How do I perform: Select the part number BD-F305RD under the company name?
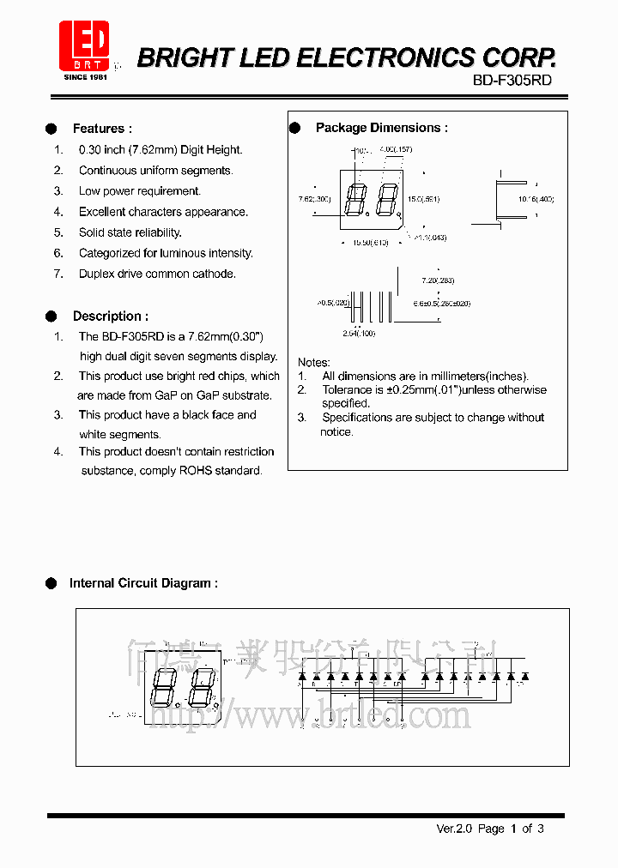point(512,81)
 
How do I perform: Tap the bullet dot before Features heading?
point(51,129)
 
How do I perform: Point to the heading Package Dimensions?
point(381,128)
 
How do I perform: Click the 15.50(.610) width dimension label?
point(370,243)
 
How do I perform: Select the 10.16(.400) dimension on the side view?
point(536,199)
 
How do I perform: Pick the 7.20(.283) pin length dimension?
point(438,281)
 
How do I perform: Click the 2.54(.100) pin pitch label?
point(359,333)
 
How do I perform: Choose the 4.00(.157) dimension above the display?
point(396,150)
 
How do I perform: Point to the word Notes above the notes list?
point(313,363)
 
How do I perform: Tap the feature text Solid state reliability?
point(130,232)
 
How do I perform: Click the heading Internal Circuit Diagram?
point(143,583)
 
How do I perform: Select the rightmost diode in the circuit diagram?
point(524,677)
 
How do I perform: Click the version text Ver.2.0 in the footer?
point(455,829)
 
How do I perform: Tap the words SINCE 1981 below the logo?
point(85,77)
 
